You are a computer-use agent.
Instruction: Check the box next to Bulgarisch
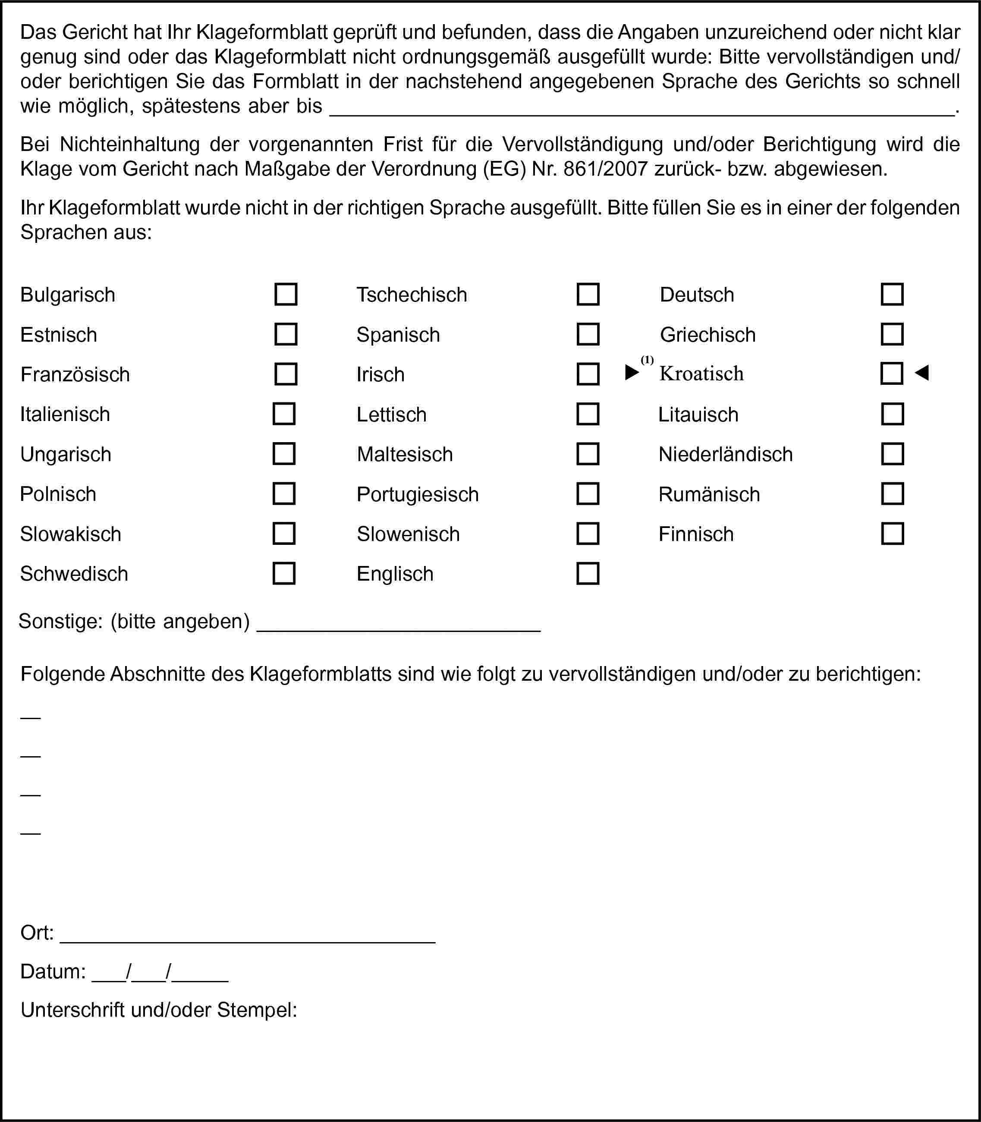pos(286,295)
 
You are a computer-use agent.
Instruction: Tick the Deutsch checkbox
pos(892,295)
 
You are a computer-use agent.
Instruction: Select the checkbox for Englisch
pos(588,574)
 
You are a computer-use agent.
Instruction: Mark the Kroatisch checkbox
pos(892,374)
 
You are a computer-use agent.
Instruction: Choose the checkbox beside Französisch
pos(286,374)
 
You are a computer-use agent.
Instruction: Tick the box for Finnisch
pos(892,534)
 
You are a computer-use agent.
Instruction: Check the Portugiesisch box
pos(588,493)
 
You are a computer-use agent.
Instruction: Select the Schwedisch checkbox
pos(284,574)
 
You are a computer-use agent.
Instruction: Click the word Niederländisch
pos(725,454)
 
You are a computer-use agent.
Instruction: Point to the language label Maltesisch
pos(405,454)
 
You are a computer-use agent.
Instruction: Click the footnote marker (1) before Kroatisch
pos(647,360)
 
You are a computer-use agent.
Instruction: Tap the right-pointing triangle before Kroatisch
pos(632,373)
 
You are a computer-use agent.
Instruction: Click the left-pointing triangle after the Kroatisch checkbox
pos(922,373)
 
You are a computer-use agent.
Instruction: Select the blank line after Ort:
pos(248,939)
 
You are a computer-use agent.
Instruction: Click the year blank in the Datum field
pos(200,979)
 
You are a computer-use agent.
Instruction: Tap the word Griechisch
pos(707,335)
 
